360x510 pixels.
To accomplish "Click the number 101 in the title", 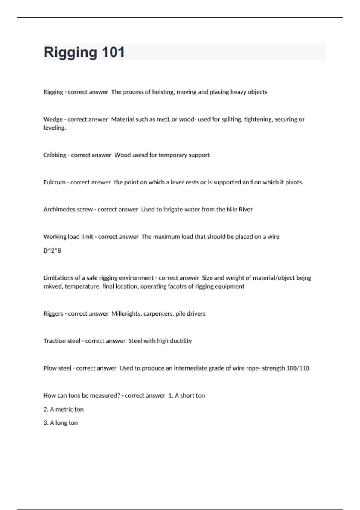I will pos(113,52).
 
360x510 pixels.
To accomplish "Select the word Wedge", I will pos(53,119).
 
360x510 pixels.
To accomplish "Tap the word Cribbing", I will pos(55,155).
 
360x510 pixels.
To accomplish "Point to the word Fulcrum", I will pos(54,182).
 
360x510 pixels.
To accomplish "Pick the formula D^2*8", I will pos(52,250).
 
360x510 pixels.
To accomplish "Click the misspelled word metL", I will pos(163,119).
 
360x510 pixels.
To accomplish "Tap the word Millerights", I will pos(126,313).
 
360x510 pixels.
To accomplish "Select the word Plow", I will pos(49,368).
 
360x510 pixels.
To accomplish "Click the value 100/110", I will pos(298,368).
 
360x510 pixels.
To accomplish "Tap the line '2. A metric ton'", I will pos(64,409).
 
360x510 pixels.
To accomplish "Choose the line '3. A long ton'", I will pos(61,423).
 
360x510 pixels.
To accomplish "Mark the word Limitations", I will pos(60,278).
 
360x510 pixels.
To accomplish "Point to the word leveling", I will pos(55,128).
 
